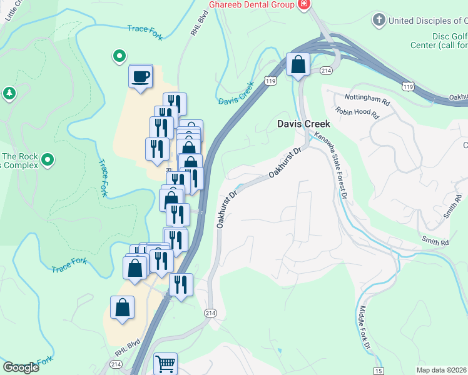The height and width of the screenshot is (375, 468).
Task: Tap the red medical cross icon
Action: click(x=304, y=4)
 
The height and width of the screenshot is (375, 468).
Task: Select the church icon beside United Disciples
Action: click(x=378, y=21)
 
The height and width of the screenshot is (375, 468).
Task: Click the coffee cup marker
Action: click(x=140, y=76)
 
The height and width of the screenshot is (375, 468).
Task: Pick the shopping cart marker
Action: click(x=165, y=364)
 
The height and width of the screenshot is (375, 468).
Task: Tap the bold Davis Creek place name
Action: click(x=303, y=124)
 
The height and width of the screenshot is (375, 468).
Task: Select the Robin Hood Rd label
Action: click(x=357, y=112)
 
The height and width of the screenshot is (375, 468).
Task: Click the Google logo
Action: click(x=21, y=367)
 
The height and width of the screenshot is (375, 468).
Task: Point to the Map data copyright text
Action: click(x=442, y=370)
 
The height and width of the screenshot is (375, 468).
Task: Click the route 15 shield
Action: click(x=379, y=371)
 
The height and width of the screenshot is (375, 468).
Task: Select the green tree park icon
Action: click(x=9, y=94)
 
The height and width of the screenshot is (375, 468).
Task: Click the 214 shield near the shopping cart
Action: click(x=210, y=312)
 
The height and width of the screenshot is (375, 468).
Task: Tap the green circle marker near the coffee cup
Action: click(x=119, y=57)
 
